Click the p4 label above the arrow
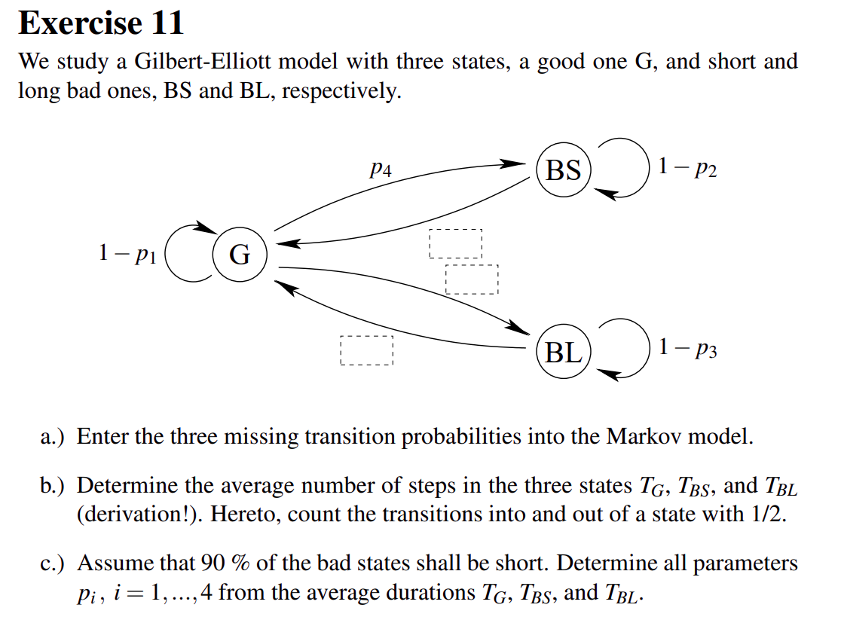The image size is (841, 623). pos(381,169)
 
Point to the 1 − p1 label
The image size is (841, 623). pos(127,253)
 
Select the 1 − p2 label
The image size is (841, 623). pos(687,167)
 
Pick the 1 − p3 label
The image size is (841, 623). pos(687,349)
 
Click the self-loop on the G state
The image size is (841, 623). pos(165,254)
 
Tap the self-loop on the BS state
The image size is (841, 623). pos(649,167)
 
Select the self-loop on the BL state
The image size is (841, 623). pos(649,349)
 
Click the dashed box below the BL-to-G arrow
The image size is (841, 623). pos(367,350)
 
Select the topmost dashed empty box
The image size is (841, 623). pos(456,244)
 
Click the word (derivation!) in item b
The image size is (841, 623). pos(139,515)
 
